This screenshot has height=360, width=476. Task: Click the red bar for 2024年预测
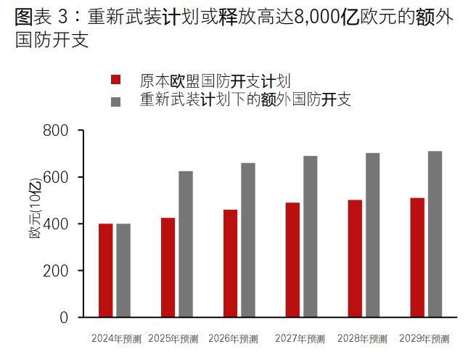[106, 270]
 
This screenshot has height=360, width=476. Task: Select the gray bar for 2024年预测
[123, 270]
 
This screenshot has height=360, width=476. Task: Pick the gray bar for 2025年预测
[186, 244]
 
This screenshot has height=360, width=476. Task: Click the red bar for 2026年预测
[230, 263]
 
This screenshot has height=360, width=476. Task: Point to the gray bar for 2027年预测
[310, 237]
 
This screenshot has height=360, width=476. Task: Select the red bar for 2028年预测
[355, 258]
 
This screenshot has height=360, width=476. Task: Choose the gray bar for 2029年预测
[435, 234]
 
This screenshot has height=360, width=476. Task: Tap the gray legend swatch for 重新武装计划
[115, 101]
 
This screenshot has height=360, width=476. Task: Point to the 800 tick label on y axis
[57, 131]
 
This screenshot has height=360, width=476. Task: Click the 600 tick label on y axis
[57, 177]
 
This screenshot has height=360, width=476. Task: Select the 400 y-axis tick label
[57, 224]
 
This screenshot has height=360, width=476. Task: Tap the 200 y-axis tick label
[57, 271]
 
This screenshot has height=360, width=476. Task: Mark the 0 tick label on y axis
[63, 317]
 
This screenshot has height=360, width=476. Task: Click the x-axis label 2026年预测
[233, 339]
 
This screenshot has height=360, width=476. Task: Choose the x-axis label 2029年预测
[424, 339]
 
